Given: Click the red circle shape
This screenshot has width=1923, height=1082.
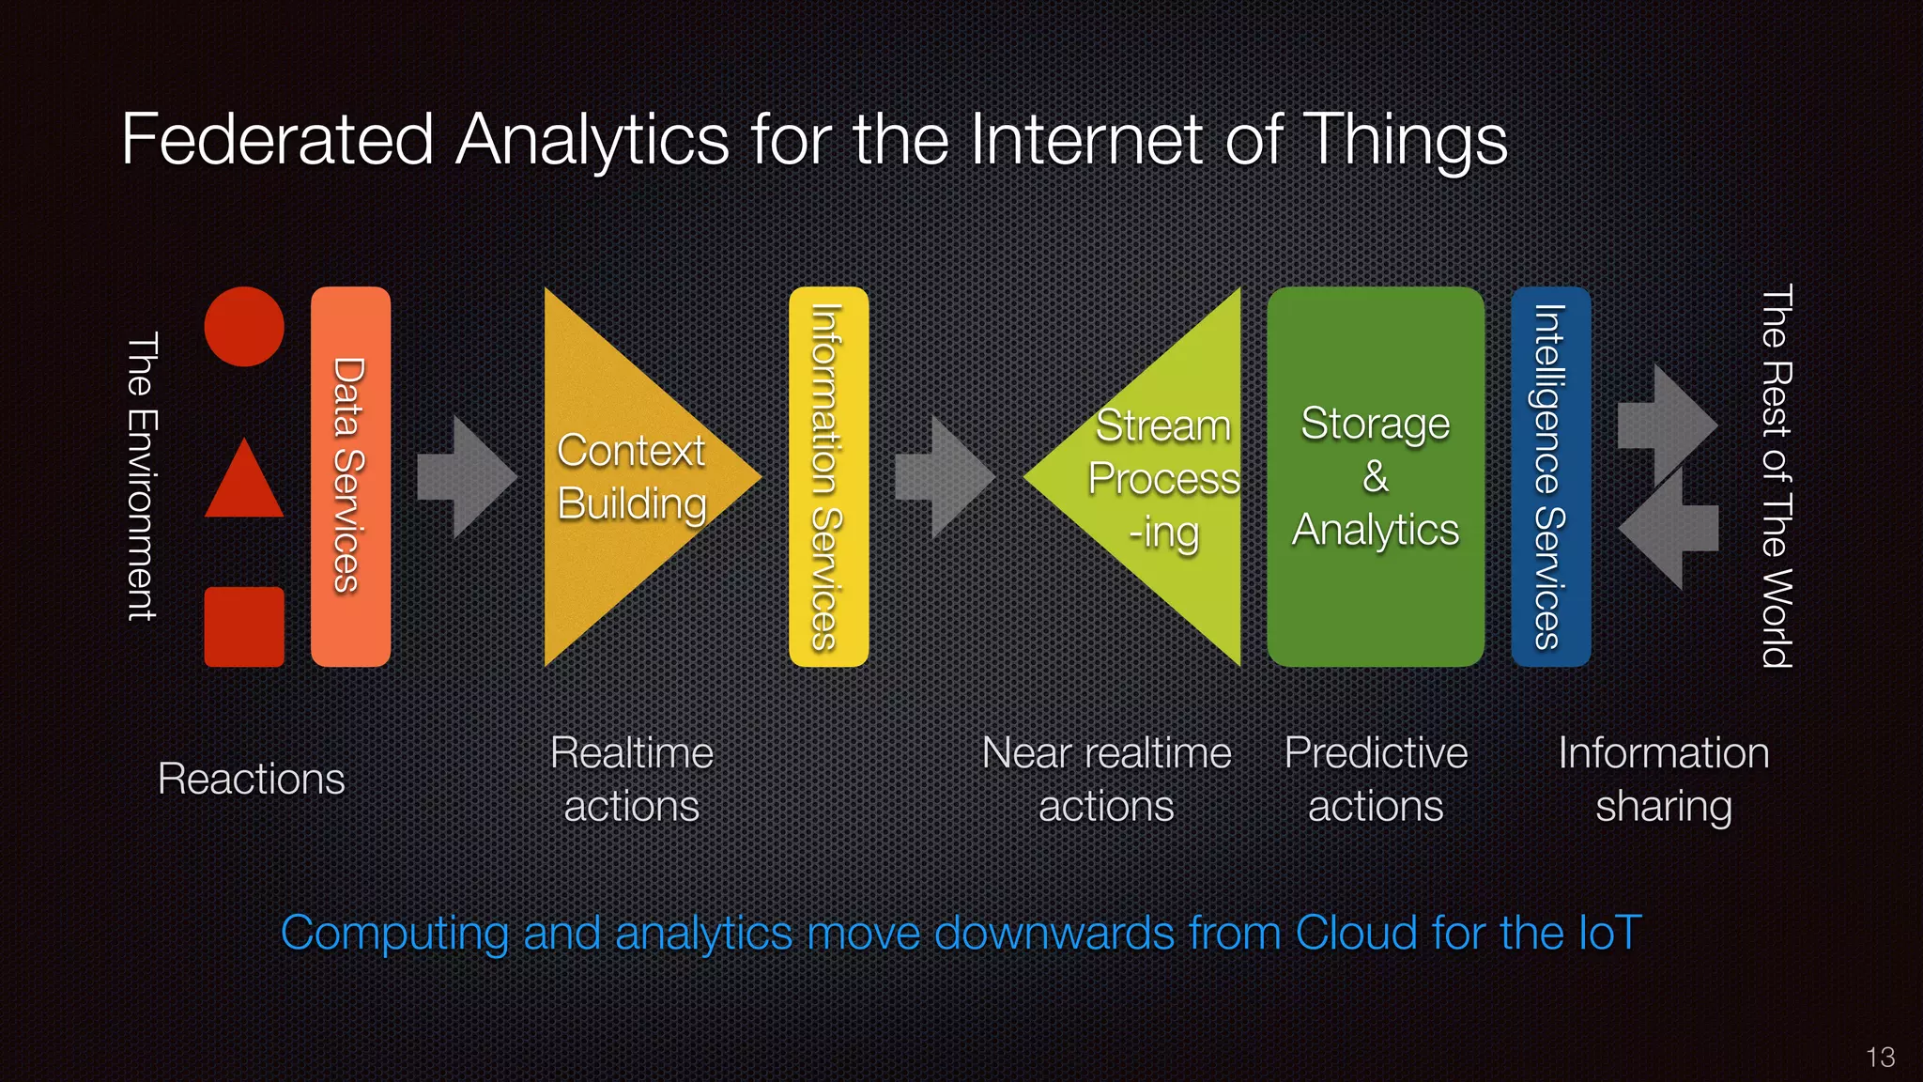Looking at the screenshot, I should (x=244, y=327).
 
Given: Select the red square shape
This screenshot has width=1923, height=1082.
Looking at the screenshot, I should (x=244, y=626).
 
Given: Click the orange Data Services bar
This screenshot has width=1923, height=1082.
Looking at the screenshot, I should (x=350, y=476).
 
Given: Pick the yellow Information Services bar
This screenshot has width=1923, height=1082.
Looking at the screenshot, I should (x=828, y=476).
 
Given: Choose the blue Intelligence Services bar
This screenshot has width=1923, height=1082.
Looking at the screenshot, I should (x=1550, y=476).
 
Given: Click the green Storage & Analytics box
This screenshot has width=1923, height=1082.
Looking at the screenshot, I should (x=1376, y=476).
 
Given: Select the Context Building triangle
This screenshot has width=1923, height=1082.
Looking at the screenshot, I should (x=629, y=476).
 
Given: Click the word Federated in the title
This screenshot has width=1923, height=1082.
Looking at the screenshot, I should (x=277, y=140).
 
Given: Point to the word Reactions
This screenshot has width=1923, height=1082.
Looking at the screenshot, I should (x=252, y=779).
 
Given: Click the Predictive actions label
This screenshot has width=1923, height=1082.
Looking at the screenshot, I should (x=1376, y=779).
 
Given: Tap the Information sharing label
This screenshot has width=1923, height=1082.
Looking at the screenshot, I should (x=1663, y=779).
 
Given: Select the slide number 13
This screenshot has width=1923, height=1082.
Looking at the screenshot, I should (x=1881, y=1058).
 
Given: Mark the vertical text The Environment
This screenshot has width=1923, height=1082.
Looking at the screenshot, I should (x=142, y=476).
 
